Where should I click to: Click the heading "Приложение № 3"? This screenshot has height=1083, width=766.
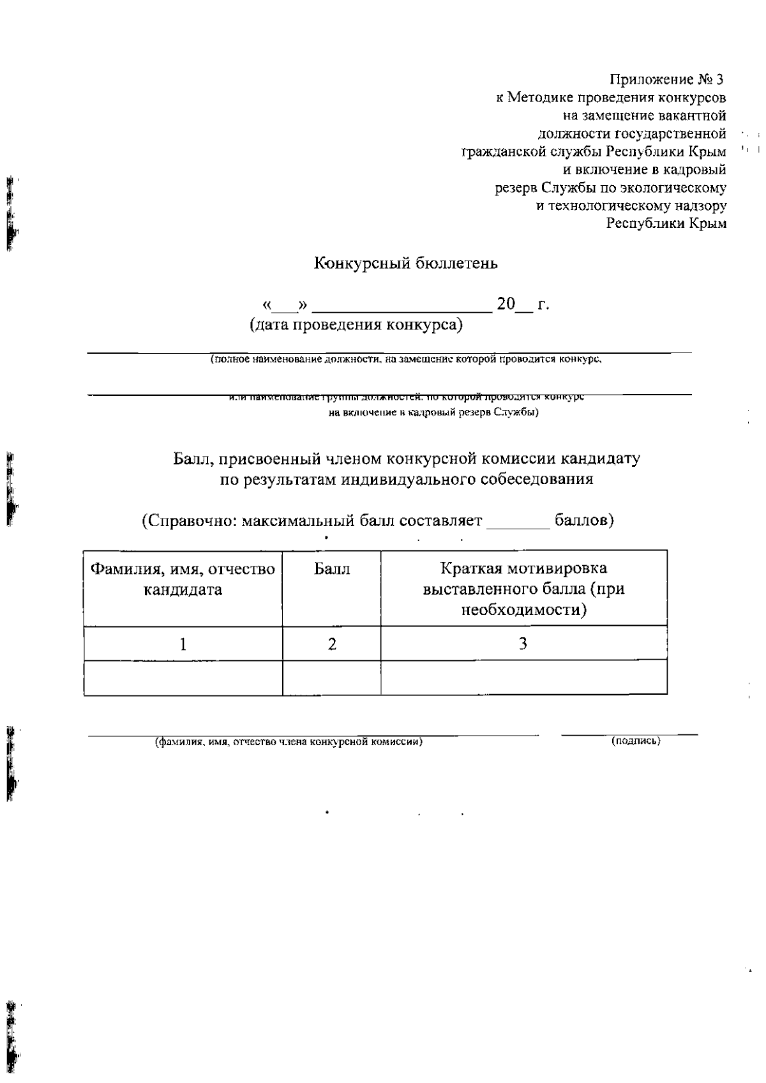click(667, 80)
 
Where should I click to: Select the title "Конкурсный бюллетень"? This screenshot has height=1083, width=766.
click(405, 263)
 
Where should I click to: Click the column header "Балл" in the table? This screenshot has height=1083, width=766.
click(332, 568)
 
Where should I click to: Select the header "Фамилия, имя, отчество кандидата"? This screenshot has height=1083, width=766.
click(183, 579)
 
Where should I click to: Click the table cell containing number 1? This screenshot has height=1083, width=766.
click(183, 644)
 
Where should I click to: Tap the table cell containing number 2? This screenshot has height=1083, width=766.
click(332, 644)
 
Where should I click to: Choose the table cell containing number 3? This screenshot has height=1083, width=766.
click(523, 644)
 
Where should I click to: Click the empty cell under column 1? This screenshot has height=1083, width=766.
click(183, 678)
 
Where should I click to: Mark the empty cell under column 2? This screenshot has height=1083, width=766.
click(332, 678)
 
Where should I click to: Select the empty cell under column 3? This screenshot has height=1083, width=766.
click(523, 678)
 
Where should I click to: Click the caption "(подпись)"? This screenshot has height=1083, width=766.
click(636, 741)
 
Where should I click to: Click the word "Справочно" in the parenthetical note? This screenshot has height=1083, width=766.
click(187, 520)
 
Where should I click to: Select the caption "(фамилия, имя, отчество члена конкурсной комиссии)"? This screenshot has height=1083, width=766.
click(289, 742)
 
